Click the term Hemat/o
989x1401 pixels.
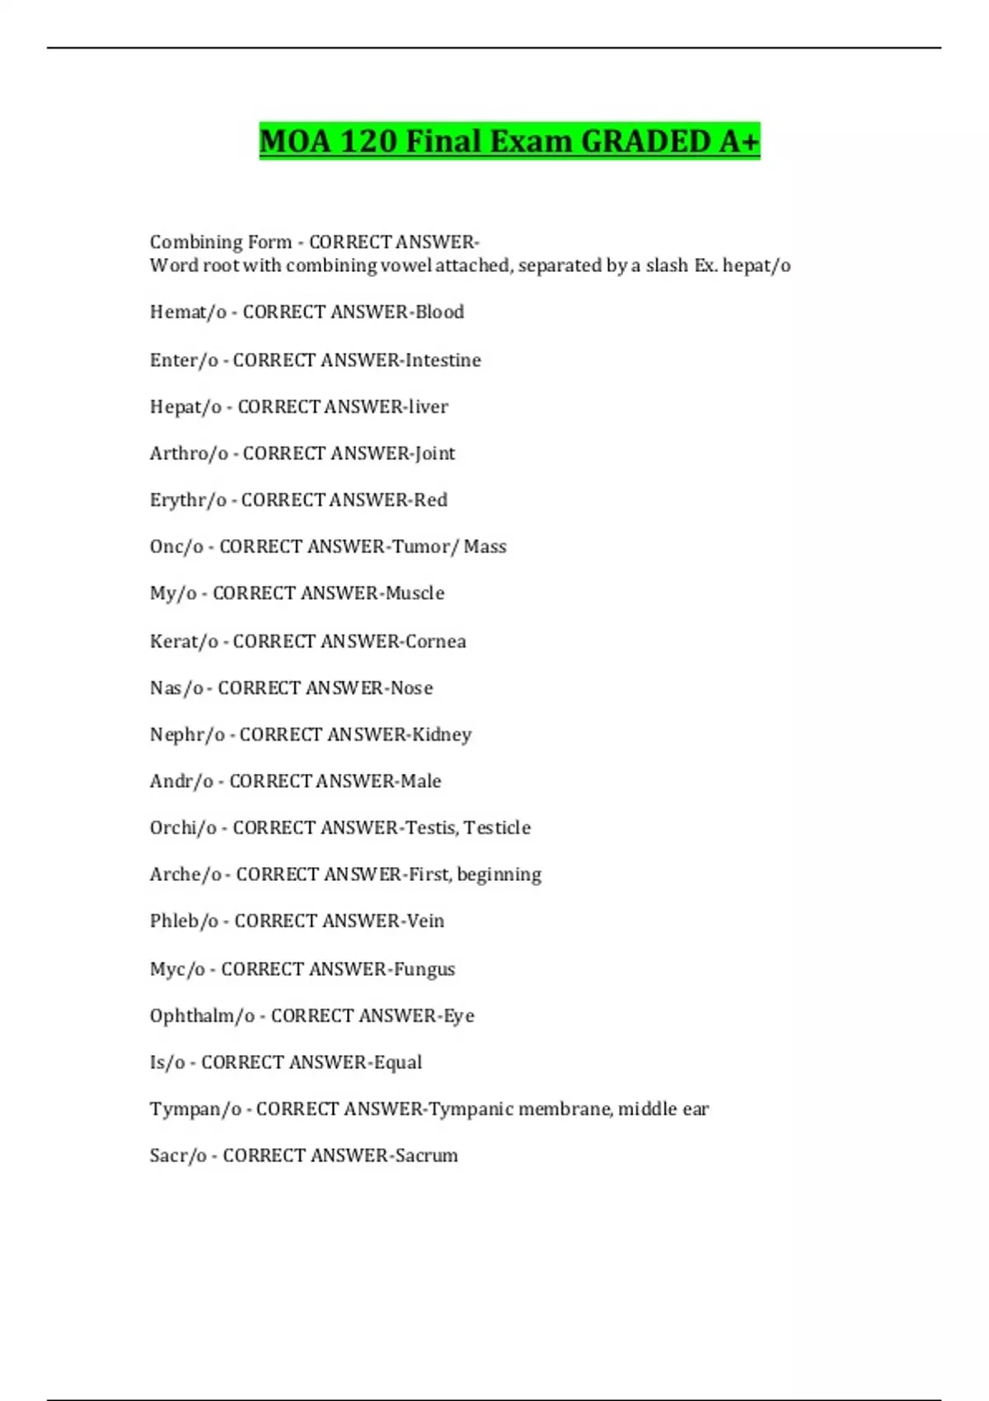[x=188, y=312]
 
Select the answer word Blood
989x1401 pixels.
[x=439, y=312]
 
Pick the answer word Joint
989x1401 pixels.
[x=434, y=453]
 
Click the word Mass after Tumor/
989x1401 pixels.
[x=485, y=546]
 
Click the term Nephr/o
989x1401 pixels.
[x=187, y=734]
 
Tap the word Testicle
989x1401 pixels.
[x=497, y=827]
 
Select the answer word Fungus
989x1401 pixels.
[x=424, y=969]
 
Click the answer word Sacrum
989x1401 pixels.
[x=426, y=1155]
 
